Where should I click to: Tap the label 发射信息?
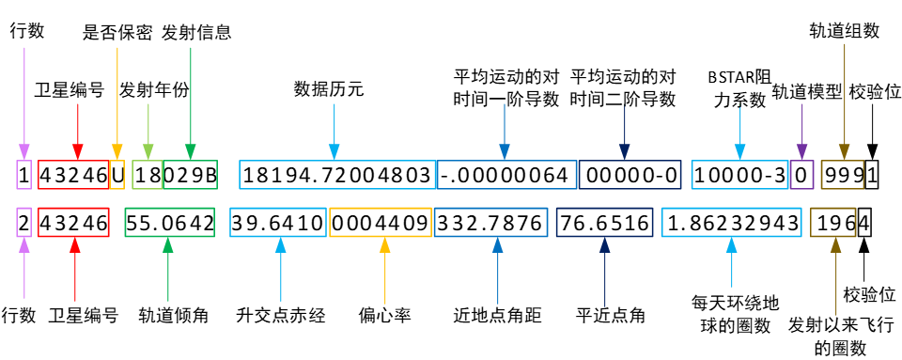pos(196,32)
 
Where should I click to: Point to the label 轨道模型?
pos(806,91)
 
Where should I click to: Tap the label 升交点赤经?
pos(280,315)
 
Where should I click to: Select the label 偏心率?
pos(384,315)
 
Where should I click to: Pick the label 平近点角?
pos(612,315)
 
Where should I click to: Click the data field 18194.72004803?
pos(337,175)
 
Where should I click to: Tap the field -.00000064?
pos(504,175)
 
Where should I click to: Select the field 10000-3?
pos(738,175)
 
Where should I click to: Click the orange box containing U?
pos(117,175)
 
